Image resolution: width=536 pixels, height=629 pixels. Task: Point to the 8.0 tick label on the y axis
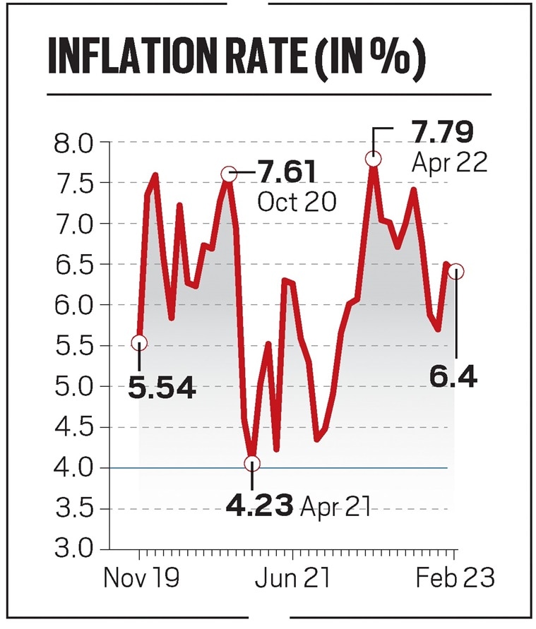click(73, 143)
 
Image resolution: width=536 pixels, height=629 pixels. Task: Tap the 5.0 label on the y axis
click(73, 387)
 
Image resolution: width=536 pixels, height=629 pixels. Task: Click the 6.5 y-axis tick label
click(73, 265)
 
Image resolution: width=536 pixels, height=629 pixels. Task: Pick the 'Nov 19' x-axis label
click(141, 578)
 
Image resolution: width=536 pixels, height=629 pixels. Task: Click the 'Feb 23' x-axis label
click(455, 578)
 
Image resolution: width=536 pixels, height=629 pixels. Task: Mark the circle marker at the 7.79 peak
click(374, 159)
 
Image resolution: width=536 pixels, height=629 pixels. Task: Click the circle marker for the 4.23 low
click(252, 463)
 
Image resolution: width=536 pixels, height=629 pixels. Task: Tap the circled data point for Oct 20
click(228, 174)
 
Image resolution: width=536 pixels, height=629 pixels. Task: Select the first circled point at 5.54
click(139, 343)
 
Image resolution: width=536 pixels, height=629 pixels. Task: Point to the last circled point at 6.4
click(456, 271)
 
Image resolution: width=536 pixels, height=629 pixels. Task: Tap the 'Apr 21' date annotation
click(335, 506)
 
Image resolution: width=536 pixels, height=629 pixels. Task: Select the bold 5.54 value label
click(162, 387)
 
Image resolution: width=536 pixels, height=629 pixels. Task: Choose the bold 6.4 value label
click(453, 376)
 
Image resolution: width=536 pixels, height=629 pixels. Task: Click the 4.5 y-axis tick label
click(73, 427)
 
